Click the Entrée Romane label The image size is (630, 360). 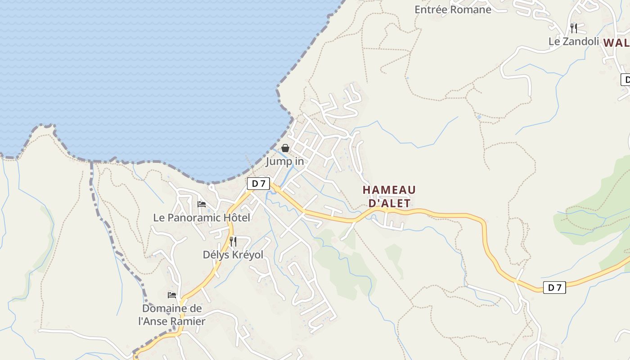coord(453,9)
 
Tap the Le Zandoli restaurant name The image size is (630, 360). coord(573,41)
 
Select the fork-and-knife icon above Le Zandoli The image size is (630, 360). coord(573,28)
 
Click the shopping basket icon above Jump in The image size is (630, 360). coord(285,148)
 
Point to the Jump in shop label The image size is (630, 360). coord(285,161)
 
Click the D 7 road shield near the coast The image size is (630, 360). coord(258,184)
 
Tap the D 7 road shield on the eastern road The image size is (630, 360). coord(554,288)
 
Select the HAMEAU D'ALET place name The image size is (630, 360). coord(389,197)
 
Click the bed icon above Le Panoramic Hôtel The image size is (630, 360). coord(202,204)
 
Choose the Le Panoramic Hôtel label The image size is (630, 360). coord(202,217)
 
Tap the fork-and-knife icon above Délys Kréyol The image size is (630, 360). coord(233,242)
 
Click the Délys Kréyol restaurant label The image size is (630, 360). coord(233,255)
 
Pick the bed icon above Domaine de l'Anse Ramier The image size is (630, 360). coord(172,295)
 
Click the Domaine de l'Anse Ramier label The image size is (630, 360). coord(172,315)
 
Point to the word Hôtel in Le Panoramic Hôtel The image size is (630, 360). coord(234,217)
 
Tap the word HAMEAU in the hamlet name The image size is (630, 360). coord(389,190)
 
